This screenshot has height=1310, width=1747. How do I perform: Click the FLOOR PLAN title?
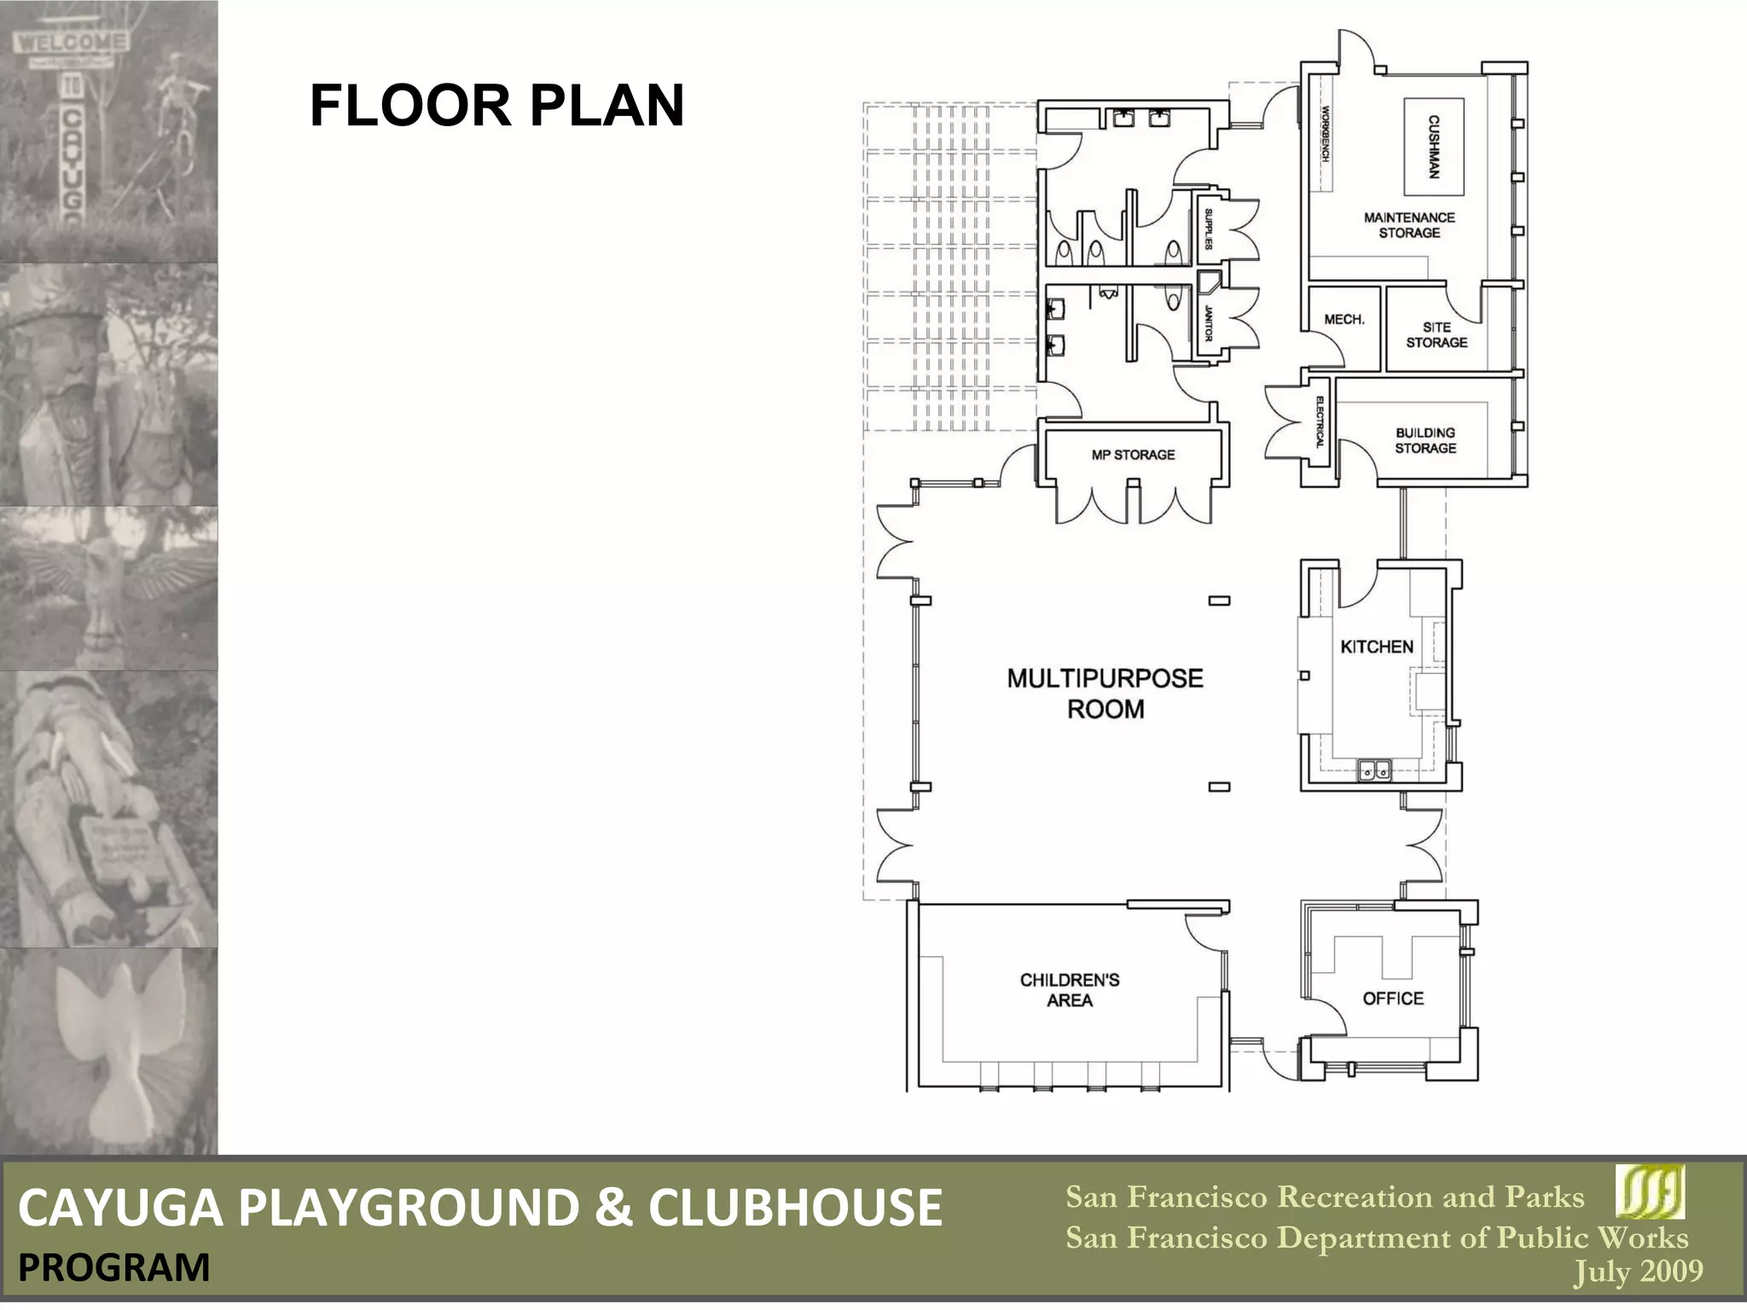(496, 106)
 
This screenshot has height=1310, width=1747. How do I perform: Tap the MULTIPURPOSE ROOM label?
(1105, 693)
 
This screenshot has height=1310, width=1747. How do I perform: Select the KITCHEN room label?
(1377, 646)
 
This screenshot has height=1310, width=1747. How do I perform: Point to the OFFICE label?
(1393, 998)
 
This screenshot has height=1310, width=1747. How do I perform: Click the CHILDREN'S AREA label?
(1070, 989)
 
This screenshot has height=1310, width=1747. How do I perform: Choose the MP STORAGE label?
(1133, 455)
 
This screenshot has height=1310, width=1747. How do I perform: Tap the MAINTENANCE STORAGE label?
(1409, 225)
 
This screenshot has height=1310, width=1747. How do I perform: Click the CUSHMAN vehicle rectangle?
(1434, 146)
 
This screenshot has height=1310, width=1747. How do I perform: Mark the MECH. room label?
(1344, 320)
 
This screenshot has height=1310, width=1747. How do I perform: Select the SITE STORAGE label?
(1436, 334)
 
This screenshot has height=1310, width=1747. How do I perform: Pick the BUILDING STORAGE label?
(1425, 440)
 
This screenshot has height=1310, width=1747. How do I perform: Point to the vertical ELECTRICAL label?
(1319, 423)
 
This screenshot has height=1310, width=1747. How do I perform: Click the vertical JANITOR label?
(1208, 323)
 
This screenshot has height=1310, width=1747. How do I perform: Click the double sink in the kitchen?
(1374, 771)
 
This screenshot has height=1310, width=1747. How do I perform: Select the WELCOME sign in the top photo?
(72, 42)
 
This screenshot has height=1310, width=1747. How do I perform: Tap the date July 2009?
(1638, 1272)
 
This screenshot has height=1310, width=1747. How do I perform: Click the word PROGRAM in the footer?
(113, 1268)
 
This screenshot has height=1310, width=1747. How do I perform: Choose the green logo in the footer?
(1650, 1191)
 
